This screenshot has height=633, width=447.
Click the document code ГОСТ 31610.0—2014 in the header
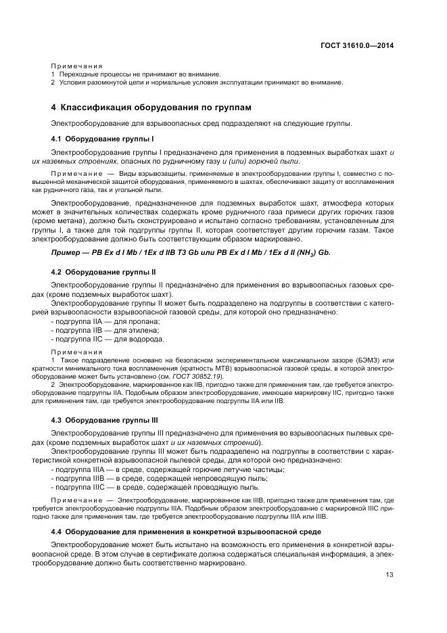click(357, 45)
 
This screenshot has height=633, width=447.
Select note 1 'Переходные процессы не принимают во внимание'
click(139, 74)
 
